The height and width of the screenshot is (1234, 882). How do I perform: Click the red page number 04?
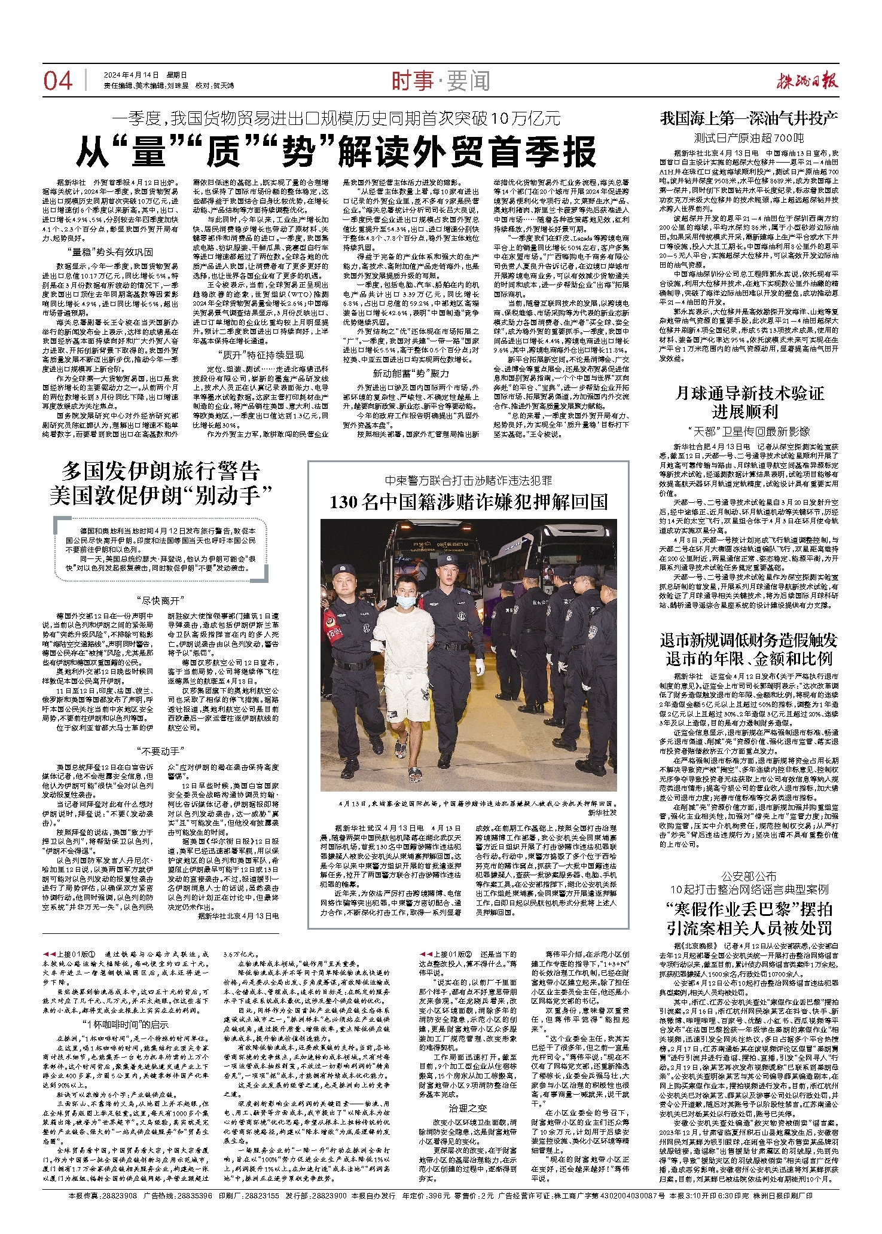[57, 81]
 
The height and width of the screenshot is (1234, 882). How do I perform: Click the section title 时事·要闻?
[440, 81]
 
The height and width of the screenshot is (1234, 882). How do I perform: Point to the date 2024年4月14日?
[132, 75]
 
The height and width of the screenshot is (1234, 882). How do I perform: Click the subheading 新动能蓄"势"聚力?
[411, 374]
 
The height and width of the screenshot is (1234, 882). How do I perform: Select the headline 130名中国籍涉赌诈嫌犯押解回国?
[468, 502]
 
